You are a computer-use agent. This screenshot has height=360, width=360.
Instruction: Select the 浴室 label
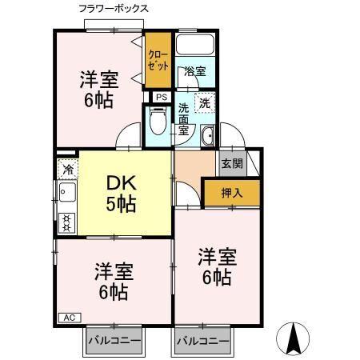point(194,71)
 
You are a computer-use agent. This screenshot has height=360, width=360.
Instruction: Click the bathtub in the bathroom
point(195,49)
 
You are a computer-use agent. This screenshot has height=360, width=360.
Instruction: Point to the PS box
point(161,98)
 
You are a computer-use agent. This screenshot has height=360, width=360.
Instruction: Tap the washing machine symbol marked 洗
point(206,102)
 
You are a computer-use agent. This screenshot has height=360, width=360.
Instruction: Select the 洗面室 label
point(184,118)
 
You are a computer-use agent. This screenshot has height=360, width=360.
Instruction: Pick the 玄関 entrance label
point(232,163)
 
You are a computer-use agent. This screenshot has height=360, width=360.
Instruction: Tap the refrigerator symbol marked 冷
point(67,169)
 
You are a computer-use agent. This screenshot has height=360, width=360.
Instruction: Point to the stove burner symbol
point(67,222)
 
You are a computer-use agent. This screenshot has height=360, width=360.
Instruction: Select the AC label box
point(69,317)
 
